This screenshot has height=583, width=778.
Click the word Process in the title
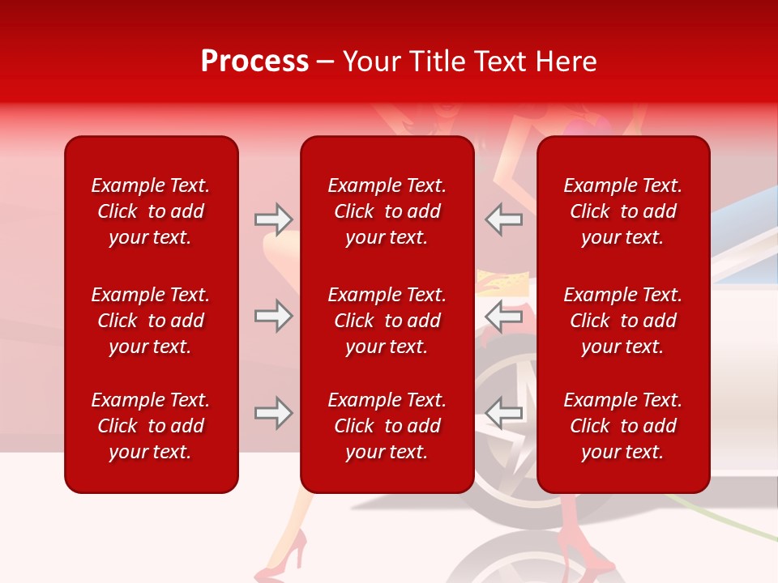(254, 62)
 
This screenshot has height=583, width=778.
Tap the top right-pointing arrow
(273, 219)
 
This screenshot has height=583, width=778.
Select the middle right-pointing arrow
(273, 316)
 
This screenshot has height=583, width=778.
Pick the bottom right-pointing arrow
(273, 413)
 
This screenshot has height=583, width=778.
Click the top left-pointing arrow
(503, 219)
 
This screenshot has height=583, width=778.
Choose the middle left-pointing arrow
(503, 316)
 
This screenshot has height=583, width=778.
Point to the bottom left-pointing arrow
(503, 413)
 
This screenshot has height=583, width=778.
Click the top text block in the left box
(151, 211)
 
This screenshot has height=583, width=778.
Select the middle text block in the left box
(151, 321)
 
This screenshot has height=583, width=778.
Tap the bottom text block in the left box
(151, 426)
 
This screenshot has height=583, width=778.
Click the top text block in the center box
(387, 211)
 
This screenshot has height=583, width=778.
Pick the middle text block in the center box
(387, 321)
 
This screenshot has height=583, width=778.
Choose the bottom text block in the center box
(387, 426)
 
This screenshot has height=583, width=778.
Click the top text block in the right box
(623, 211)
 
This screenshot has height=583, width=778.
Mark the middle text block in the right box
(623, 321)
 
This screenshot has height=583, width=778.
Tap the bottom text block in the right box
(623, 426)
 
